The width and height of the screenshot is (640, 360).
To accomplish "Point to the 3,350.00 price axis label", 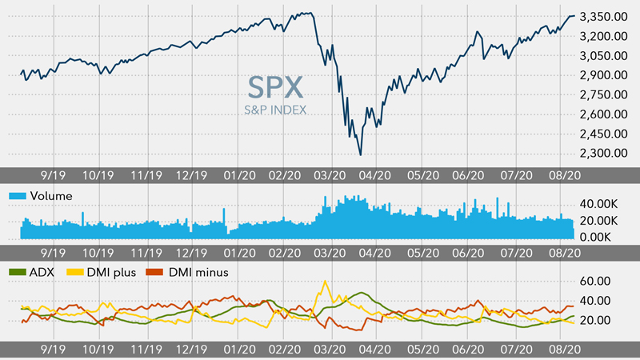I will pos(602,17).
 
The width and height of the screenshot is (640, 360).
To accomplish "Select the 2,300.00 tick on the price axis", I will pos(602,153).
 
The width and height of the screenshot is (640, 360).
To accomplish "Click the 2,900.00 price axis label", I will pos(602,75).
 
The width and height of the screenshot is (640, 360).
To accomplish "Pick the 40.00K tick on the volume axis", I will pos(595,204).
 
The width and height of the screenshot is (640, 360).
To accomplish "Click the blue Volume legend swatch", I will pos(14,195).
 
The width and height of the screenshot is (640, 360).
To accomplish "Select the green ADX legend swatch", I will pos(14,272).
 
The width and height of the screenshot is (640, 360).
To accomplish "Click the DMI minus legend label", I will pos(199,272).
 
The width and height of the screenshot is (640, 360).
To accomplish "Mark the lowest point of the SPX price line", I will pos(361,154).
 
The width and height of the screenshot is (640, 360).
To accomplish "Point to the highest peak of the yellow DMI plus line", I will pos(325,281).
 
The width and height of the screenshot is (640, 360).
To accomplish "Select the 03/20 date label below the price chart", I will pos(330,174).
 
